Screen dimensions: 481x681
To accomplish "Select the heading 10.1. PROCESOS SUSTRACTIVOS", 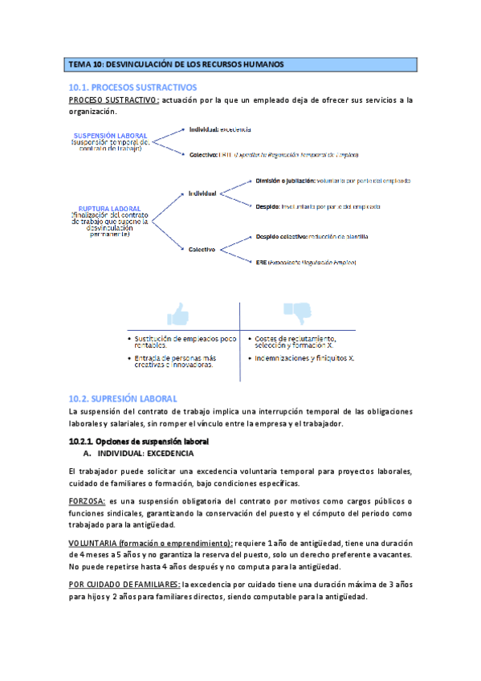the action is point(132,87).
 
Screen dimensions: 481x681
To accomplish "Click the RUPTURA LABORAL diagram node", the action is point(110,208).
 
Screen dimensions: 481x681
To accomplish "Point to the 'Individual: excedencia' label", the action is point(220,129).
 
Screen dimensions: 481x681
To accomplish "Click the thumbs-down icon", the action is point(296,312).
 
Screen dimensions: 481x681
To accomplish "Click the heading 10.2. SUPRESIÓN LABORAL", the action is point(123,398).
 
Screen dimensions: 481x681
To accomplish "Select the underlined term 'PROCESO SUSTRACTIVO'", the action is point(113,100).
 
